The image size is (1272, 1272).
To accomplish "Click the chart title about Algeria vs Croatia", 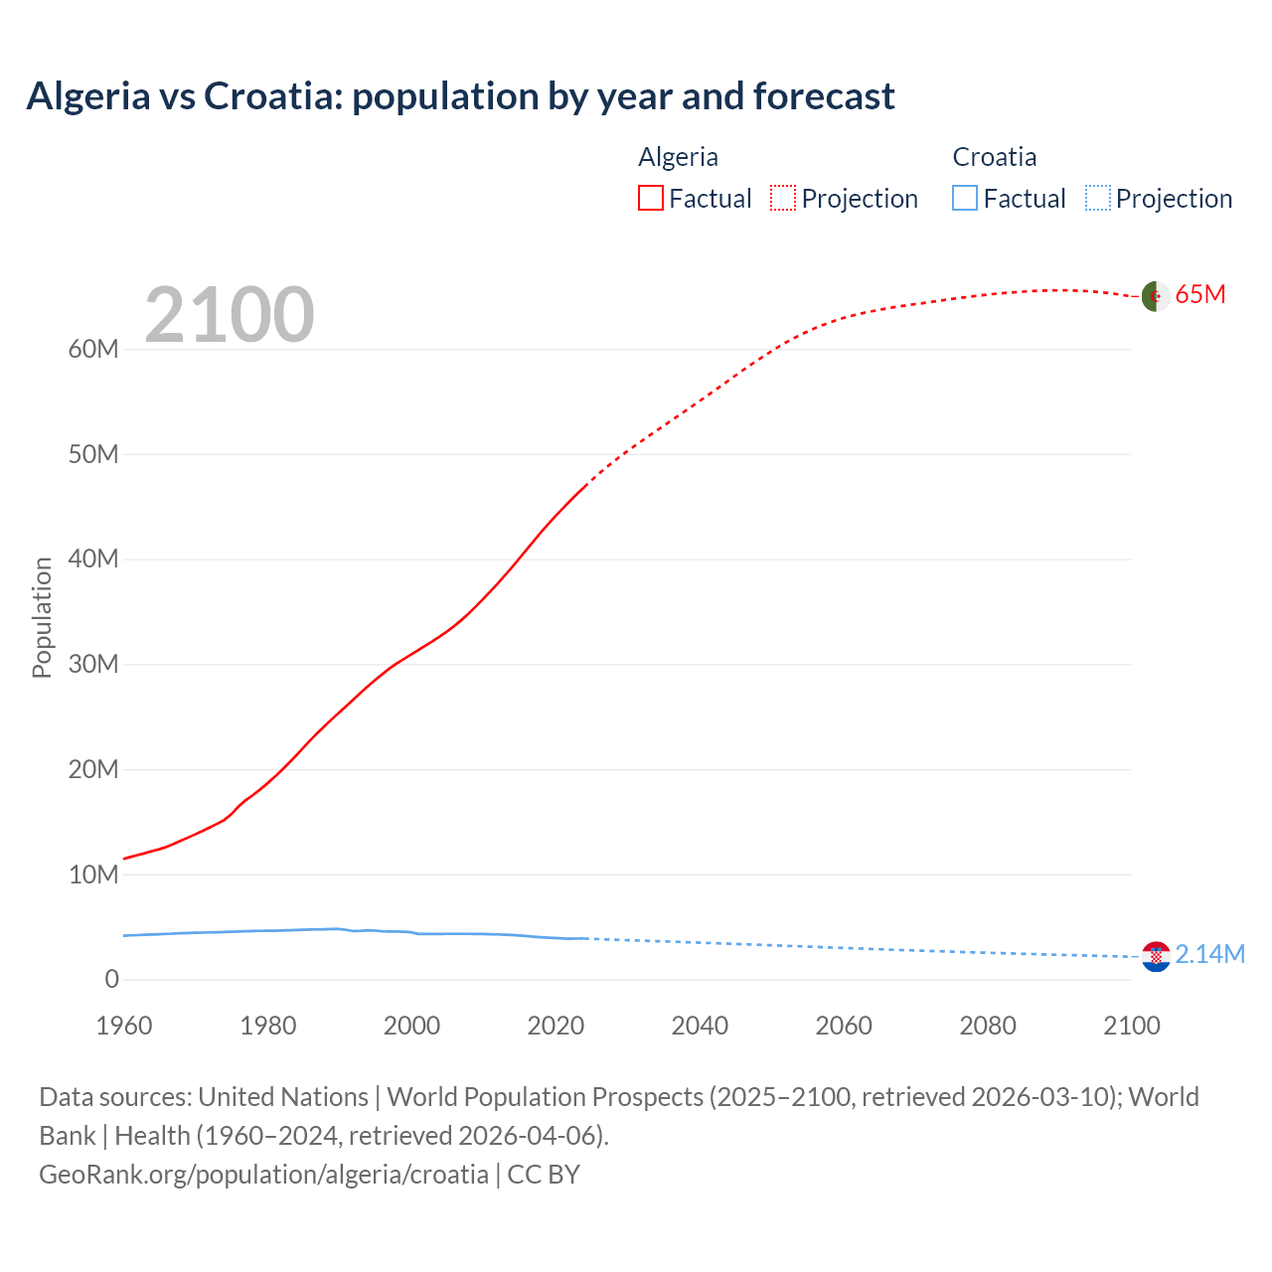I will point(460,96).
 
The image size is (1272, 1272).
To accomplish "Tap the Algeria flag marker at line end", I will point(1155,296).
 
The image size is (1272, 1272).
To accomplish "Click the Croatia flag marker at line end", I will point(1156,956).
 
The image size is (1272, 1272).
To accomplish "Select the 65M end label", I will point(1200,295).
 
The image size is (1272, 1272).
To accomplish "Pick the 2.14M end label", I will point(1209,955).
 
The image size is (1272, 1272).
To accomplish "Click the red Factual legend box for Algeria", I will point(651,199).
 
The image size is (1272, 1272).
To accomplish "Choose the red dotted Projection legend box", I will point(783,199).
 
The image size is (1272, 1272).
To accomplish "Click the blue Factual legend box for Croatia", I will point(965,199).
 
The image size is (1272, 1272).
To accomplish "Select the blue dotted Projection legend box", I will point(1097,199).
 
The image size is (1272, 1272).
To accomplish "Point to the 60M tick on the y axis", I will point(93,350).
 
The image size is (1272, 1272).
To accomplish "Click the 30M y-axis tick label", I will point(93,665).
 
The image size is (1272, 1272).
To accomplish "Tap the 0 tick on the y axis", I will point(111,980).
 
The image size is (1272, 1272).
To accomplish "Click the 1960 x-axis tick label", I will point(124,1026).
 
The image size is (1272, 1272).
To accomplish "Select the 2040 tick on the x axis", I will point(700,1026).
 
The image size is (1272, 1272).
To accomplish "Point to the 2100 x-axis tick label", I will point(1131,1026).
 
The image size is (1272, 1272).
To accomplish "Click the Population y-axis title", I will point(42,617).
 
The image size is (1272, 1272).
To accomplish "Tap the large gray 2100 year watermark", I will point(229,316).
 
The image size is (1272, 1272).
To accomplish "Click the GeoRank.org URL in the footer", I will point(263,1175).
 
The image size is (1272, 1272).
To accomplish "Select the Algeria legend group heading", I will point(678,157).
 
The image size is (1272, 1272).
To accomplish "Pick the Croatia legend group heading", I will point(994,157).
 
